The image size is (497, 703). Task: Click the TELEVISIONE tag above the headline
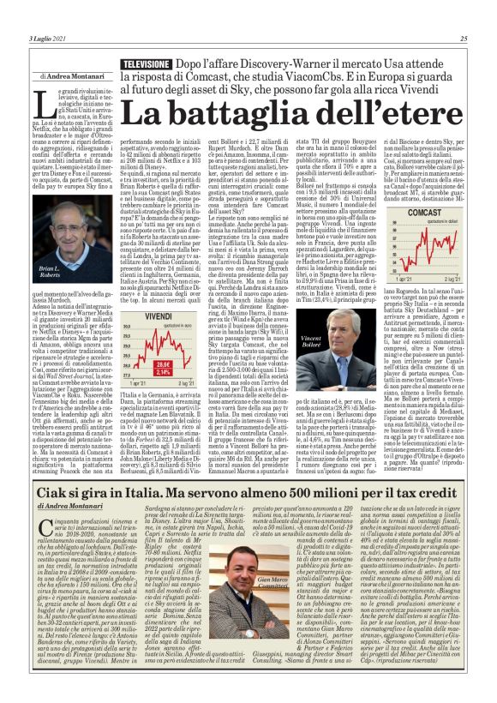pyautogui.click(x=145, y=65)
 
